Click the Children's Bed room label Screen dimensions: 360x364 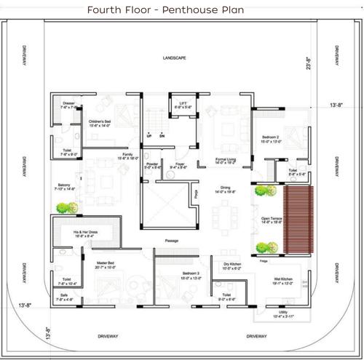pyautogui.click(x=99, y=123)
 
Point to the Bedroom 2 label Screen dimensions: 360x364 pyautogui.click(x=272, y=139)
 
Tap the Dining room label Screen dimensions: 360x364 pyautogui.click(x=226, y=191)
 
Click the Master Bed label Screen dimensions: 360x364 pyautogui.click(x=104, y=265)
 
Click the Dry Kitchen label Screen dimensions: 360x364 pyautogui.click(x=232, y=265)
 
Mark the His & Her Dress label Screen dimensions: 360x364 pyautogui.click(x=84, y=233)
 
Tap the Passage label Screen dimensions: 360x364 pyautogui.click(x=172, y=239)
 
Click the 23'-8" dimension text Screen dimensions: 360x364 pyautogui.click(x=309, y=66)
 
